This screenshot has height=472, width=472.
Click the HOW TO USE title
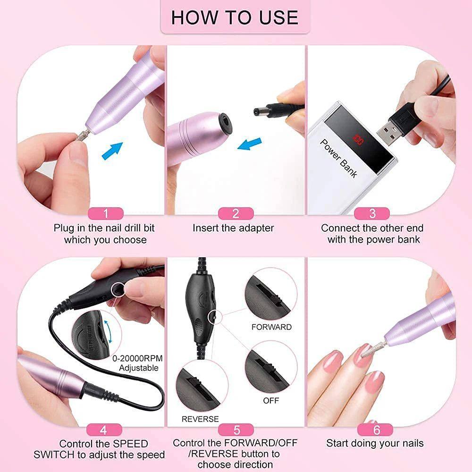(235, 17)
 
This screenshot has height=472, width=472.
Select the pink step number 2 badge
(236, 213)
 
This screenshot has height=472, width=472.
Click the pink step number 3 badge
(372, 213)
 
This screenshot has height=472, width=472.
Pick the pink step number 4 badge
(104, 430)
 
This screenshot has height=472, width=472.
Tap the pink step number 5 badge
(236, 430)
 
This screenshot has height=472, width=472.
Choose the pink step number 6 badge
(376, 430)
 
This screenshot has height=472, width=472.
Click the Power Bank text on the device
(339, 158)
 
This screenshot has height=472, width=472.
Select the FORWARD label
(271, 327)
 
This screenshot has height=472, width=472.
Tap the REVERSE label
(200, 419)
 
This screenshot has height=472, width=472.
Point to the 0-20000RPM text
(135, 358)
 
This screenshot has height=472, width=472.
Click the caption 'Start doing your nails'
(375, 443)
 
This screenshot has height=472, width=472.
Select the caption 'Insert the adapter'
(233, 228)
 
